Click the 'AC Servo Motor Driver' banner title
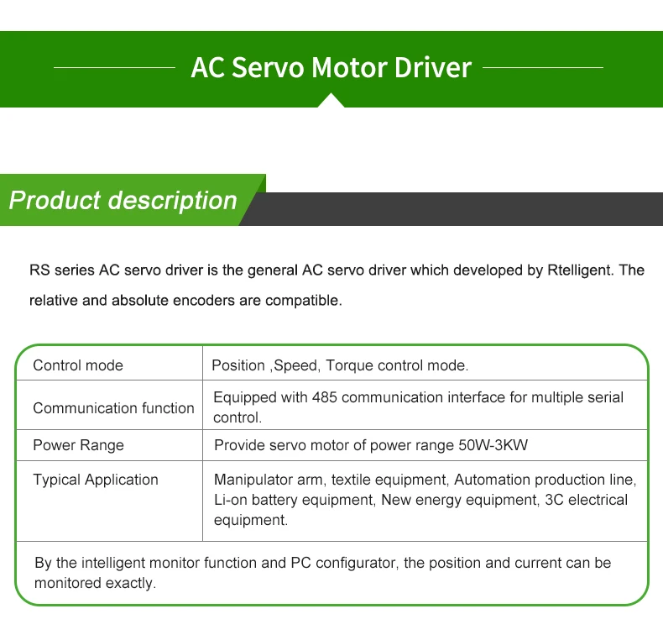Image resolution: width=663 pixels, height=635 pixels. coord(331,67)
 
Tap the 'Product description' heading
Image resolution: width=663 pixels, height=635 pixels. coord(123,201)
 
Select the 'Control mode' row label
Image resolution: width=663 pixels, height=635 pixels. coord(78,365)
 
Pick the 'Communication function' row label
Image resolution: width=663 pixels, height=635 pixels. coord(113,408)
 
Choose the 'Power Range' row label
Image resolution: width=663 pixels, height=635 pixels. coord(78,445)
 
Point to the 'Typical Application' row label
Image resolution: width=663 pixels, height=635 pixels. coord(96,480)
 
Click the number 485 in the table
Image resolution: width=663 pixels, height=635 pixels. coord(325,397)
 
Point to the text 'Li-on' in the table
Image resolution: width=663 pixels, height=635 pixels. coord(231,500)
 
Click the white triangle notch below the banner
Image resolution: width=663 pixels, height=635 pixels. coord(331,101)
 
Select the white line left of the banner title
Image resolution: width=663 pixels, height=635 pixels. coord(114,67)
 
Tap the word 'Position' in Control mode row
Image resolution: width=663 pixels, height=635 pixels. coord(238,365)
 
